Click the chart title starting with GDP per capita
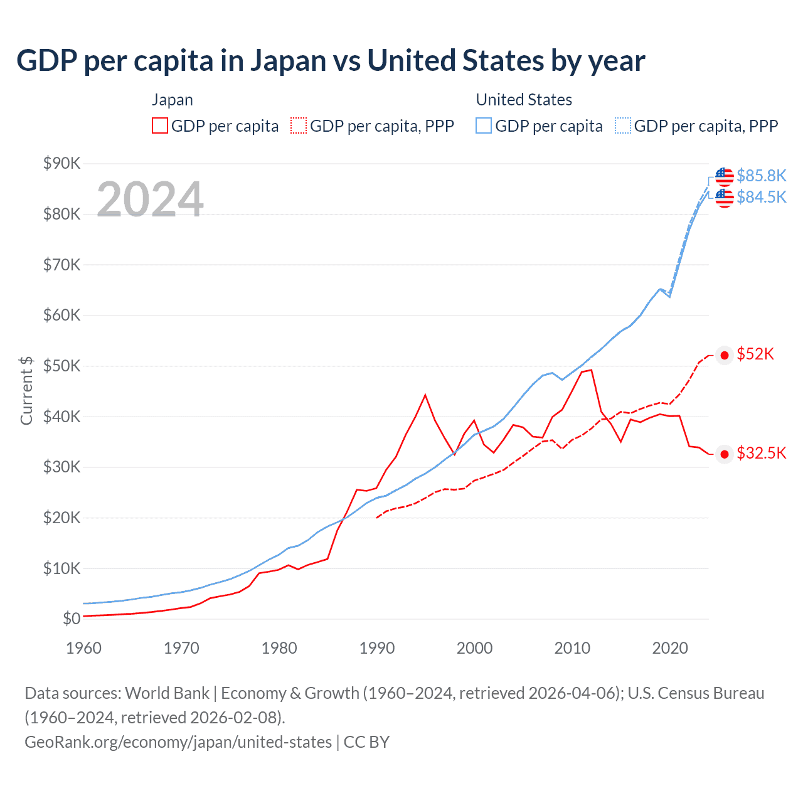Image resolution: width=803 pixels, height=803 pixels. (331, 61)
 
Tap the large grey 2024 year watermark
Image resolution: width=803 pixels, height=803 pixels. (150, 199)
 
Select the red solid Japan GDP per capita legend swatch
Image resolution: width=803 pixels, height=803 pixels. (160, 125)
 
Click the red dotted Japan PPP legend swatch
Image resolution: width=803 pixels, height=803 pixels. (299, 125)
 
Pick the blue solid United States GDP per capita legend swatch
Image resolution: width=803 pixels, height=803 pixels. (484, 125)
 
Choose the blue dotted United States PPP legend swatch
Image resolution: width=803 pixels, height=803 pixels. (623, 125)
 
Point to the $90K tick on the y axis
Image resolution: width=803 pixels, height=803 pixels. (61, 163)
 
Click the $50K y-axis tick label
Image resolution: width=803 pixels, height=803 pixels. (61, 366)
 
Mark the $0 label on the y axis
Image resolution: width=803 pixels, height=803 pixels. (71, 619)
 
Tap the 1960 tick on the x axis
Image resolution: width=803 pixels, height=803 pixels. (83, 648)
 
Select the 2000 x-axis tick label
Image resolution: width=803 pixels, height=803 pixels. (474, 648)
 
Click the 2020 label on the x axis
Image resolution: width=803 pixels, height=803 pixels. (670, 648)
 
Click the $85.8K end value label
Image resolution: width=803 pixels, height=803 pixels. (761, 176)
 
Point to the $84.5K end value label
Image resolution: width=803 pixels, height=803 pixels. (761, 197)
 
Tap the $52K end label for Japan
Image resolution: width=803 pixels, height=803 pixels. (755, 354)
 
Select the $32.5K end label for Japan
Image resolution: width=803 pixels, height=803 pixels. (761, 453)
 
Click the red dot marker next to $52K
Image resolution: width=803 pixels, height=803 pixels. (725, 356)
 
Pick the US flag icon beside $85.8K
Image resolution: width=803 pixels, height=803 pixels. (724, 176)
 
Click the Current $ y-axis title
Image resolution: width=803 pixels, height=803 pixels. (26, 390)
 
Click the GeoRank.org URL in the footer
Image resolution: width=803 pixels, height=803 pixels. (178, 742)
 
